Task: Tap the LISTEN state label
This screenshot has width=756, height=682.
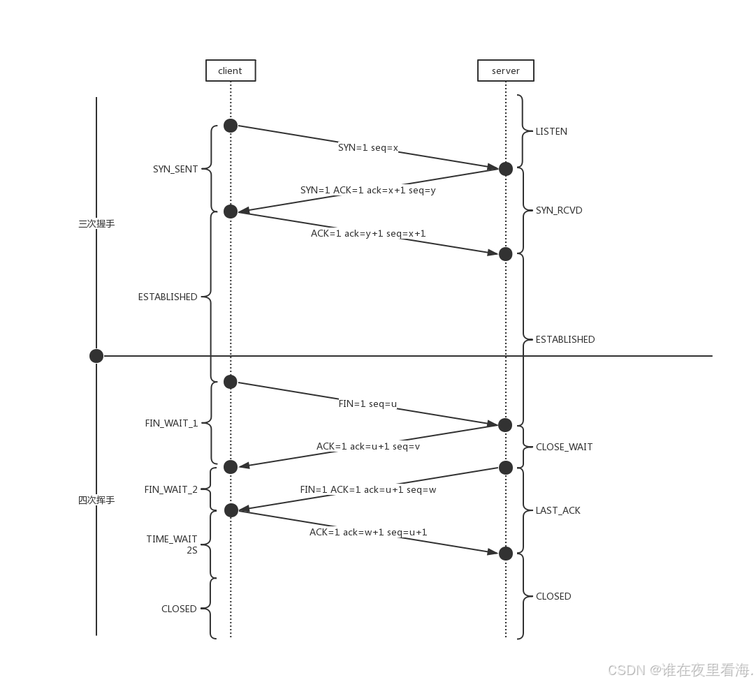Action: point(551,131)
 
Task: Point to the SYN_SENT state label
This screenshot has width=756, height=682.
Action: point(175,169)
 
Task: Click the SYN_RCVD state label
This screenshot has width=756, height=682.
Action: point(559,211)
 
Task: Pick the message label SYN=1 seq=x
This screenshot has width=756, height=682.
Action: point(368,147)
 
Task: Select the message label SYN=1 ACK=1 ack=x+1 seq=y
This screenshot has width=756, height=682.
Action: point(368,191)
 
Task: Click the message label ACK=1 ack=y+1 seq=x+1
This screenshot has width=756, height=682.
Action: point(368,234)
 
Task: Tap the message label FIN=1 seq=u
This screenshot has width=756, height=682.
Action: point(368,403)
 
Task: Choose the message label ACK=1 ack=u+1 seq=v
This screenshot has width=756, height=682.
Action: point(368,447)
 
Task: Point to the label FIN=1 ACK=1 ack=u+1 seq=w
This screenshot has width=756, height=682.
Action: point(368,490)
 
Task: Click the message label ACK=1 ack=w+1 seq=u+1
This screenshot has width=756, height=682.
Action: point(368,532)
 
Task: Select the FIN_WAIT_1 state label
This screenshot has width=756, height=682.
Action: point(171,423)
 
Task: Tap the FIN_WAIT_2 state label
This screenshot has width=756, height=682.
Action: point(170,490)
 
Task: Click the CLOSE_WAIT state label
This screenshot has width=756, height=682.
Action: point(564,447)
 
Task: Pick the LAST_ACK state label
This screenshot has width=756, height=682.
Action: point(558,510)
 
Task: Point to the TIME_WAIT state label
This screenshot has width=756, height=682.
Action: point(172,539)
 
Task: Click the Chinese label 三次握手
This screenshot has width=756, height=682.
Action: point(96,223)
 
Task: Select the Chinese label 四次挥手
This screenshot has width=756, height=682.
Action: point(96,500)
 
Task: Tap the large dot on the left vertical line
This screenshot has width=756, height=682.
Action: point(96,356)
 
